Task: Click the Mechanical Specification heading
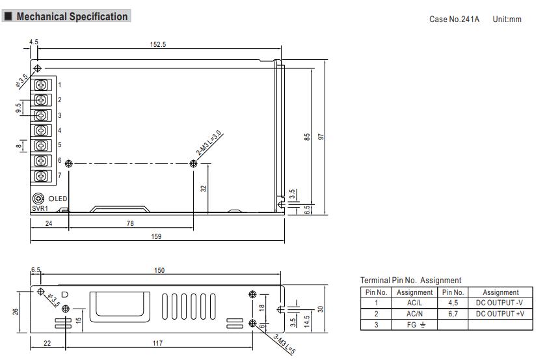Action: pos(72,17)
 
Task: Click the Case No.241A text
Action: pos(454,20)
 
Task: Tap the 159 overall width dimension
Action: pos(156,236)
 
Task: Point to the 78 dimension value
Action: pos(130,223)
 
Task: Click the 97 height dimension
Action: pos(321,137)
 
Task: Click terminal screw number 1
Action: pos(43,85)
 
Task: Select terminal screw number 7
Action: pos(43,176)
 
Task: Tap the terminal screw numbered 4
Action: pos(43,130)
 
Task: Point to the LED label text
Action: pos(61,199)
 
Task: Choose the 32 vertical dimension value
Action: pos(204,188)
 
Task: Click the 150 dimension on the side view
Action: pos(159,270)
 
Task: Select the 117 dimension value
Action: pos(157,343)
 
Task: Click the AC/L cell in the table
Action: pos(414,303)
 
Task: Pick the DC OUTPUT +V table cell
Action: pos(500,314)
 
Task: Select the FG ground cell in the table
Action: pos(414,324)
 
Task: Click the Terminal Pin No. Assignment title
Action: pos(410,280)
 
